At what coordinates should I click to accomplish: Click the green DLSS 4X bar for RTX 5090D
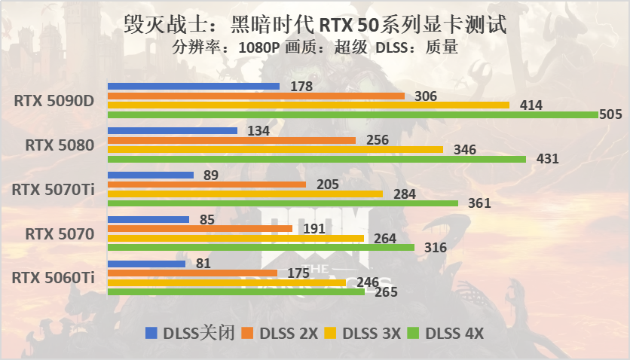coord(354,114)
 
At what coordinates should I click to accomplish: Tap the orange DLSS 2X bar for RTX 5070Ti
coord(206,185)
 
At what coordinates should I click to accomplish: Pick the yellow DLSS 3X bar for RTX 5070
coord(235,238)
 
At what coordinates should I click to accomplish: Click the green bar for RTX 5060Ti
coord(236,291)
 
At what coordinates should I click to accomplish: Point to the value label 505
coord(610,114)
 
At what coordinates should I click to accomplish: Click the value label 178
coord(301,87)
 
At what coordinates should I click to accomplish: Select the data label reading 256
coord(378,140)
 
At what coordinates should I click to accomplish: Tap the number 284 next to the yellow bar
coord(405,194)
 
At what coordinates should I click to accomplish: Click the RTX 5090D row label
coord(53,101)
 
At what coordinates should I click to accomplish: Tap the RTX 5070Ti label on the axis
coord(53,190)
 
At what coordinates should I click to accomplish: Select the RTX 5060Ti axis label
coord(53,278)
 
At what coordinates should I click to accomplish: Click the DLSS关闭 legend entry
coord(193,333)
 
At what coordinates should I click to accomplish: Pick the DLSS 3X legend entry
coord(366,333)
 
